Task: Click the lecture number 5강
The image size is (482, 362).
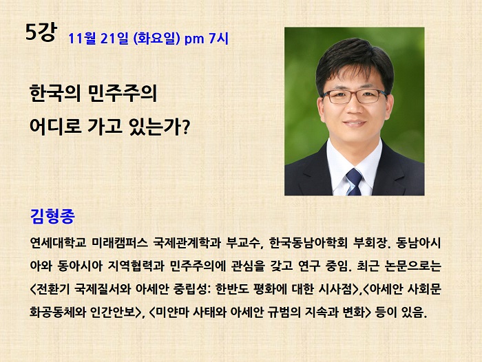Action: point(41,32)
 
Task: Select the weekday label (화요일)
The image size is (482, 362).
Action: point(157,39)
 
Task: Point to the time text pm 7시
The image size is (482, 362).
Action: point(207,39)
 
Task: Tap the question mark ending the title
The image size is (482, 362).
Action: point(185,127)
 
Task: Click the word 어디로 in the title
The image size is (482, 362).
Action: point(55,126)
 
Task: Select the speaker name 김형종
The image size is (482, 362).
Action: point(52,216)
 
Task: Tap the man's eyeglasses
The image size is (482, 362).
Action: point(354,96)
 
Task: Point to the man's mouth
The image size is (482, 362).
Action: point(355,124)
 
